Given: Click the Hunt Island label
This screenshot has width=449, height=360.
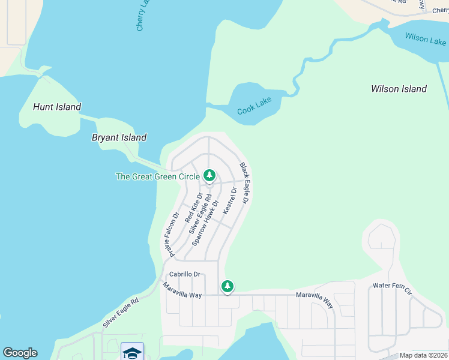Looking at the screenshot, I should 56,107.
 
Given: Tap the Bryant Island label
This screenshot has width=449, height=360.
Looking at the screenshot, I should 119,137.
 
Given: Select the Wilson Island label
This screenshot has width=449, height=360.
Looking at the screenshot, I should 399,89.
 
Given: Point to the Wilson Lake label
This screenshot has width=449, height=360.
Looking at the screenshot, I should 425,40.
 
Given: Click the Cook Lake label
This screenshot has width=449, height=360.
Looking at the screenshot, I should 254,107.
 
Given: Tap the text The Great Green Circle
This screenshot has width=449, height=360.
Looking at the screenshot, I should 154,176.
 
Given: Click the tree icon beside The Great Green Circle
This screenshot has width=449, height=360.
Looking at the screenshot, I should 209,176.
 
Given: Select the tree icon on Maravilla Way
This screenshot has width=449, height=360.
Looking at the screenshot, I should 227,287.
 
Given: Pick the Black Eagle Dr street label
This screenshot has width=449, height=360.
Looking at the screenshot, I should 244,184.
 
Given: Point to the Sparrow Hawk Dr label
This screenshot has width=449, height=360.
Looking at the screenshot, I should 205,223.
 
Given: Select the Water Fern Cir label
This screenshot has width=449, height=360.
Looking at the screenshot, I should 392,289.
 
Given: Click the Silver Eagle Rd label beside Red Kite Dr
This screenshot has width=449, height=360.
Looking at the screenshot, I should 200,214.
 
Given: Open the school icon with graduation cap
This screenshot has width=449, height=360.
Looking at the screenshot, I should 132,352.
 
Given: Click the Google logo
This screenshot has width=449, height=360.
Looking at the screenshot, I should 20,353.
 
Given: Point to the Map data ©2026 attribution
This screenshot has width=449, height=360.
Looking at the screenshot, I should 423,355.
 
